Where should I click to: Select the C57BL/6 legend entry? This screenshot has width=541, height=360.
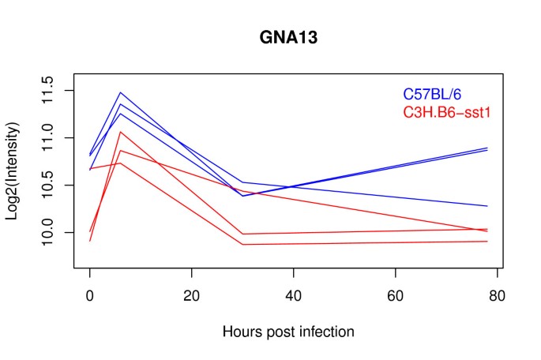[x=443, y=95]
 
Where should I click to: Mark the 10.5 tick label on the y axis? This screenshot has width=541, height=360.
[x=46, y=186]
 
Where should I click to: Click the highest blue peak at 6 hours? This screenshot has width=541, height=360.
[x=121, y=92]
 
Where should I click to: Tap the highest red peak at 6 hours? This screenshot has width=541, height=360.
[x=121, y=132]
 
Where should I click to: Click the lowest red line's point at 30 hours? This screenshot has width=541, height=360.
[x=242, y=245]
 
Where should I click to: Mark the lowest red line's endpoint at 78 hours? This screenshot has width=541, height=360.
[x=487, y=242]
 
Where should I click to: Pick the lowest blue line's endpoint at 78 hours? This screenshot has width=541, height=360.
[x=487, y=206]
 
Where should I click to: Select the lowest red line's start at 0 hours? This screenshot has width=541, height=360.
[x=90, y=241]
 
